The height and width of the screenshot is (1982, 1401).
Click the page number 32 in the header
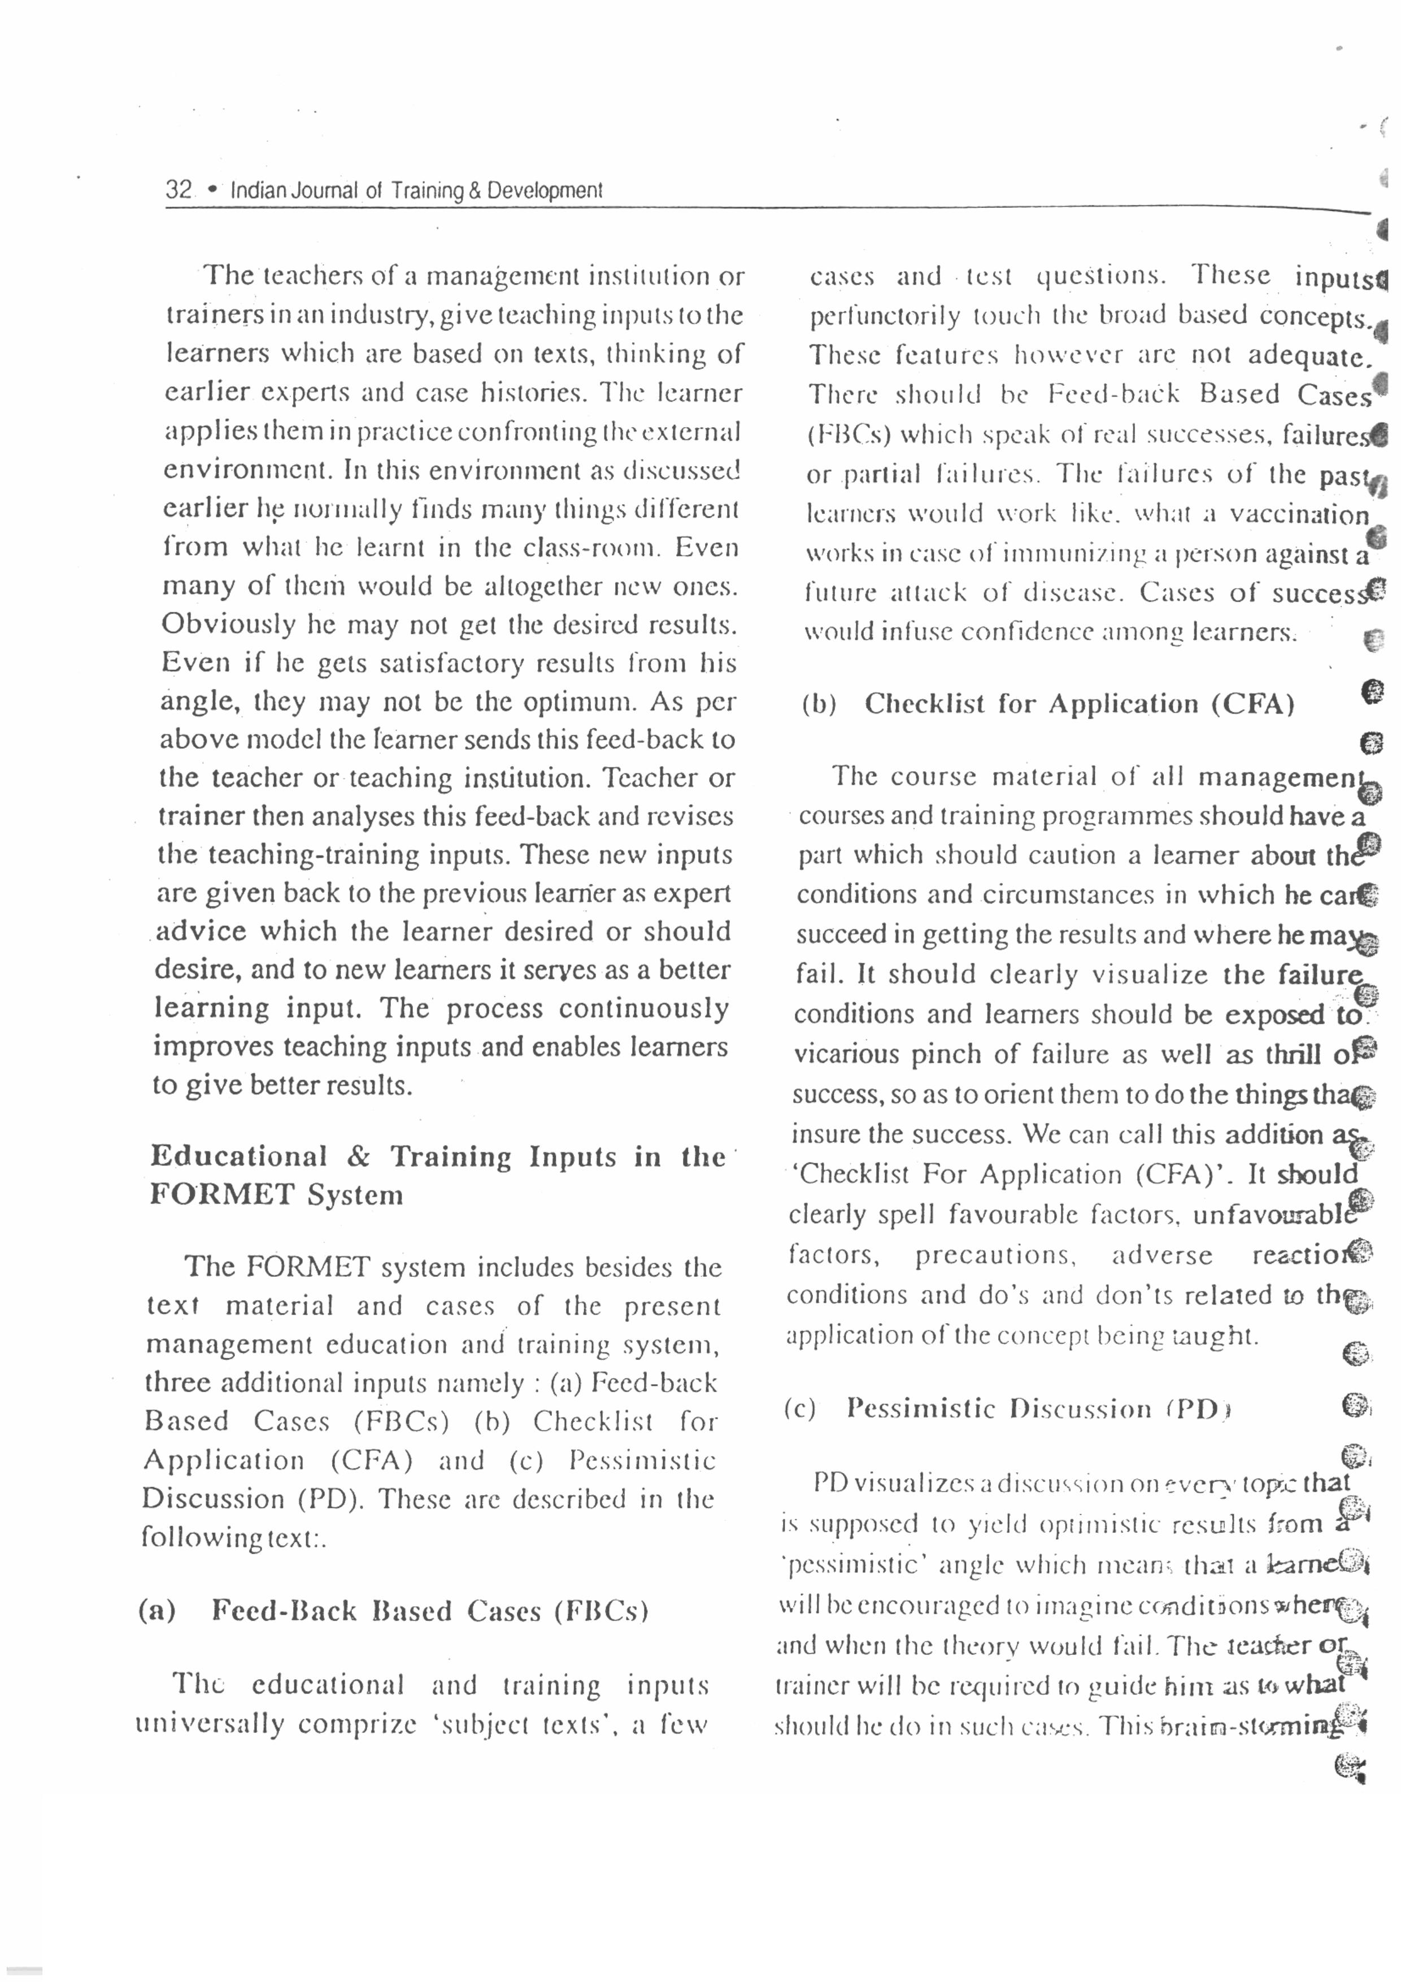click(179, 189)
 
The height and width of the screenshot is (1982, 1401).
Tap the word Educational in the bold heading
click(238, 1156)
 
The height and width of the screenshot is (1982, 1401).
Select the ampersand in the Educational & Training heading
click(358, 1157)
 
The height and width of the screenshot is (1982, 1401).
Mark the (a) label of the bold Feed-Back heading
click(156, 1611)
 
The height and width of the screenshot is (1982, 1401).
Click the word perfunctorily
click(884, 316)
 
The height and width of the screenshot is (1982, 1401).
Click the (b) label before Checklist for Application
click(819, 705)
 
